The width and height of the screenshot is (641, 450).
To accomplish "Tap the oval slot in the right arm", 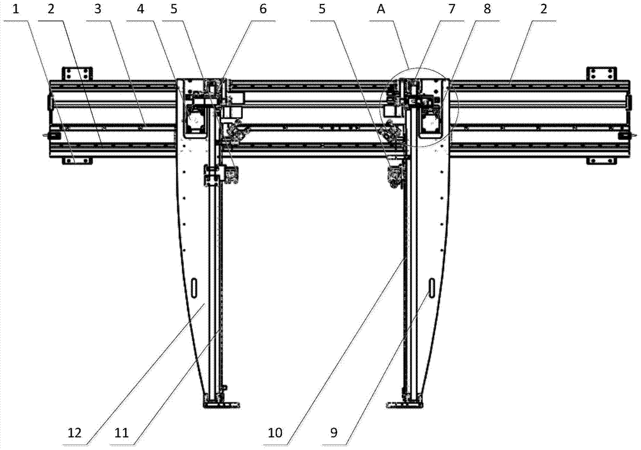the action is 432,289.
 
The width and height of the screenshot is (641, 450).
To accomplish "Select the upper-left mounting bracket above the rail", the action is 78,74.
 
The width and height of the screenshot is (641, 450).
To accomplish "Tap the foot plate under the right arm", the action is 404,403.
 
